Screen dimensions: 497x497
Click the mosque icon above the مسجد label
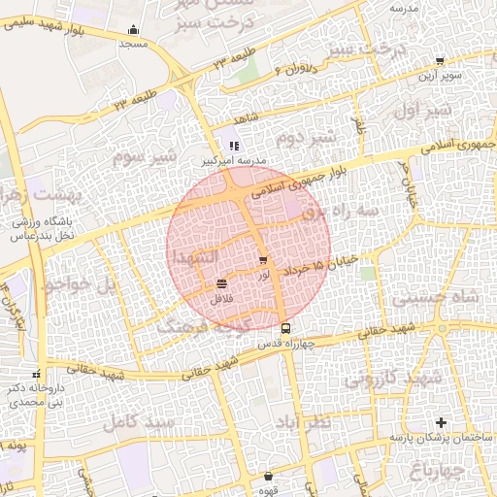pos(133,29)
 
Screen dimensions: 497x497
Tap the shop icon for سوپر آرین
pos(440,60)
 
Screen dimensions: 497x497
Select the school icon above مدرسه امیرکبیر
pos(232,146)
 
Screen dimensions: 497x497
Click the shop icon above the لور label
pos(263,260)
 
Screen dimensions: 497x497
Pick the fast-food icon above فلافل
pos(222,283)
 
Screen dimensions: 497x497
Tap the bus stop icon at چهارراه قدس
pos(284,328)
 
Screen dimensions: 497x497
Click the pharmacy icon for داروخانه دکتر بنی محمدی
pos(37,374)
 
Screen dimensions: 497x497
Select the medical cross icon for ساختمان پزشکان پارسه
pos(442,422)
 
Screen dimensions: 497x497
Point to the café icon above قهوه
pos(269,477)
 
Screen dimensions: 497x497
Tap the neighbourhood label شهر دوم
pos(305,137)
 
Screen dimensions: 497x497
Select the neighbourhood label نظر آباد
pos(309,424)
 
